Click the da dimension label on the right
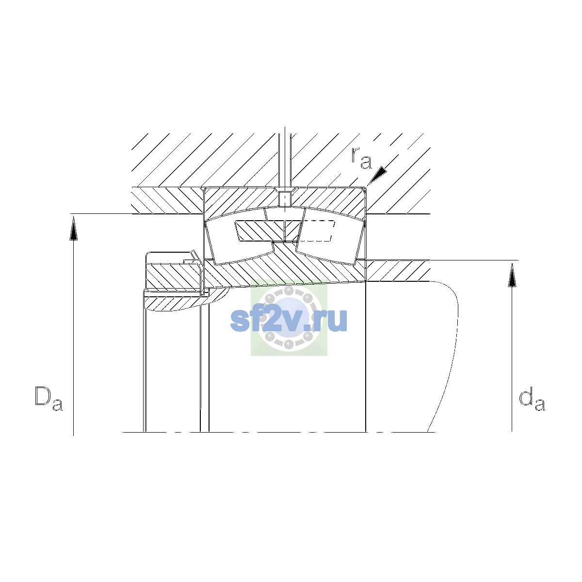pos(532,401)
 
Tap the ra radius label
pos(362,158)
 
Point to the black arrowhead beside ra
pos(377,175)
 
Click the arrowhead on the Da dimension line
pos(73,229)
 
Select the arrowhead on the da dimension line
pos(512,275)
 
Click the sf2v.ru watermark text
pos(289,320)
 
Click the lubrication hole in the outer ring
pos(285,199)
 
